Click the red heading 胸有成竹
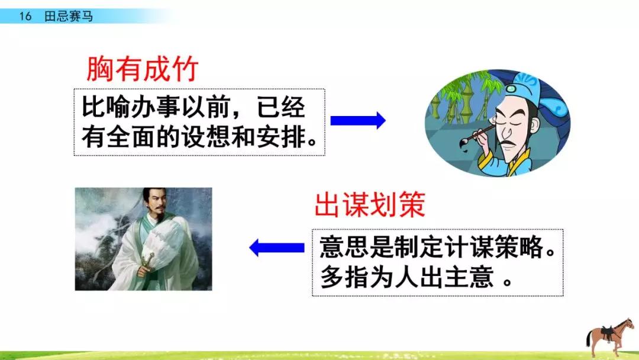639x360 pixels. pyautogui.click(x=142, y=69)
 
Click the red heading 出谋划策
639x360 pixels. pyautogui.click(x=370, y=205)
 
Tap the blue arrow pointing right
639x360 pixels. pyautogui.click(x=358, y=120)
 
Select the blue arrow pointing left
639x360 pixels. pyautogui.click(x=277, y=247)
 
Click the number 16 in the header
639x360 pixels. pyautogui.click(x=25, y=17)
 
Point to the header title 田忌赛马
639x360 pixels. pyautogui.click(x=69, y=17)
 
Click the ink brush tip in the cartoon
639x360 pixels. pyautogui.click(x=463, y=143)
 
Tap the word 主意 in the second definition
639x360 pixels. pyautogui.click(x=469, y=277)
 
